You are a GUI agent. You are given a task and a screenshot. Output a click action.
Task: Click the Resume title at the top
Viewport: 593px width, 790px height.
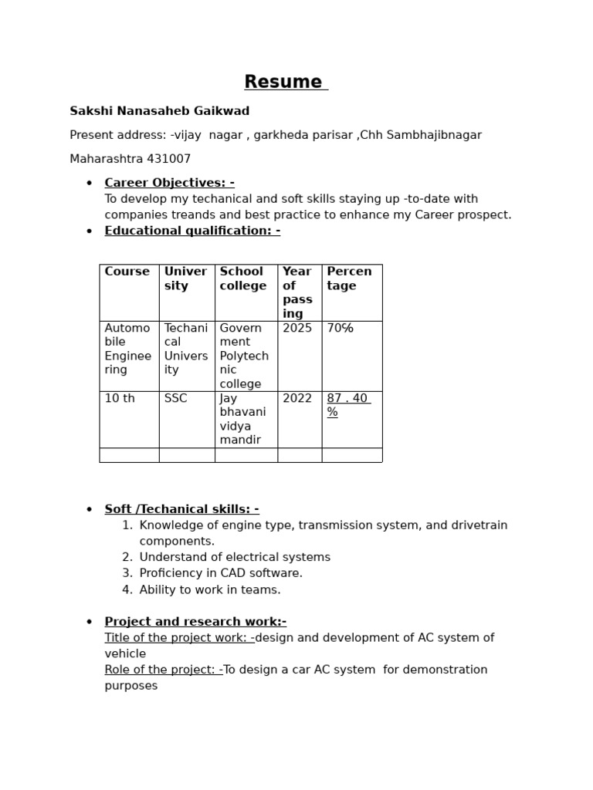[283, 82]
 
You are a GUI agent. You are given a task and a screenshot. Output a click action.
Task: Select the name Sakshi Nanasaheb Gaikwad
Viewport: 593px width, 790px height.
[159, 111]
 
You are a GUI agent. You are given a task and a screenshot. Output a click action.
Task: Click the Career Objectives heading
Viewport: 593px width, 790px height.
[169, 183]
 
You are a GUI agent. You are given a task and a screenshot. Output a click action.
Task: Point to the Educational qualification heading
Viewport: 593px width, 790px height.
[192, 231]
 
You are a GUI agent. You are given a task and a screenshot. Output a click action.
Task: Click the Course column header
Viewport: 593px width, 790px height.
[127, 272]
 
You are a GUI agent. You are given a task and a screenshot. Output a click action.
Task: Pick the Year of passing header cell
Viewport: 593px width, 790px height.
[298, 292]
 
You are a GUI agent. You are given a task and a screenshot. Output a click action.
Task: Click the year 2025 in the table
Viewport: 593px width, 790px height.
[297, 328]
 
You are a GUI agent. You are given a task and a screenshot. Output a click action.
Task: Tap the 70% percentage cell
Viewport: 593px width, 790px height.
[340, 328]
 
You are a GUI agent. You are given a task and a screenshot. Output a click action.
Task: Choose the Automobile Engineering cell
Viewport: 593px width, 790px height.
[127, 349]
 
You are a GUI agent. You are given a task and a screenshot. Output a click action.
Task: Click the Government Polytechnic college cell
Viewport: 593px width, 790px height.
[244, 356]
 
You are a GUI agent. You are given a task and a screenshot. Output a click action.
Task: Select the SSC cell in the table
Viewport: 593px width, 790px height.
[175, 398]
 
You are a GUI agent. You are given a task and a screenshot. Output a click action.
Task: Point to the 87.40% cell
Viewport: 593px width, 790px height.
[347, 405]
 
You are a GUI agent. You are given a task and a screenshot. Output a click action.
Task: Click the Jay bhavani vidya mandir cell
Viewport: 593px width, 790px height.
[240, 419]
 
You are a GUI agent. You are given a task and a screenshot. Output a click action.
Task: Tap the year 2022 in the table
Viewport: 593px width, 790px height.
[297, 398]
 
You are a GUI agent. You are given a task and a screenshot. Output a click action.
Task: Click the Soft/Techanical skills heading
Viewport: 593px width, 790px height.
[181, 509]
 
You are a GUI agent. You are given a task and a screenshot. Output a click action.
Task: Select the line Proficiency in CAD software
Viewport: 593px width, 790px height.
[221, 573]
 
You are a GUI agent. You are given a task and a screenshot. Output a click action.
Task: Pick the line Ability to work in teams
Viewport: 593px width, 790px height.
[210, 589]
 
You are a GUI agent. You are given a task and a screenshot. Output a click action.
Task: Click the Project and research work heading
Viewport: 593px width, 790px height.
[195, 622]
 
